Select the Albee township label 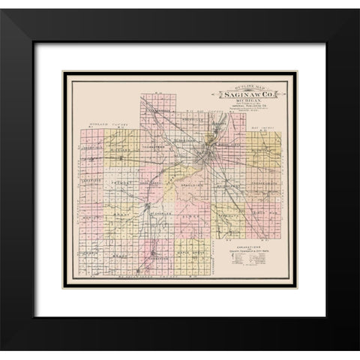coord(191,214)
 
